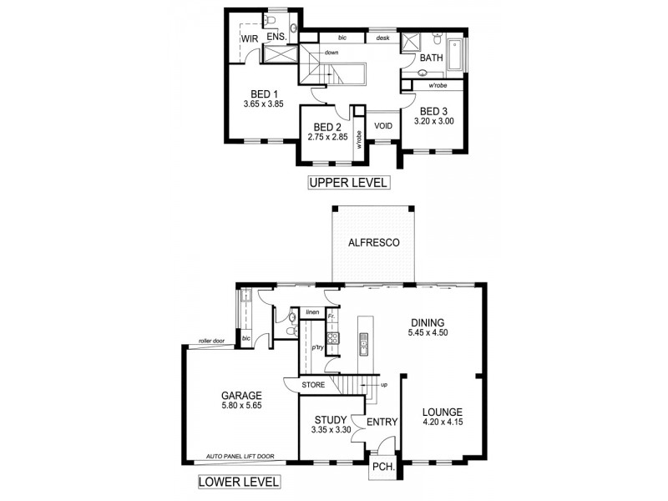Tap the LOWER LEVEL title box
point(238,482)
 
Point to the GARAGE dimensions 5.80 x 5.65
point(241,408)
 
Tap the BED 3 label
point(434,111)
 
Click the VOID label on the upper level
point(383,126)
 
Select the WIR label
point(249,38)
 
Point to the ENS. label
point(276,38)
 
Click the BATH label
point(431,58)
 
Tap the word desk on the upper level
point(383,38)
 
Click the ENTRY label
point(382,423)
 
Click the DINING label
point(427,323)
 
